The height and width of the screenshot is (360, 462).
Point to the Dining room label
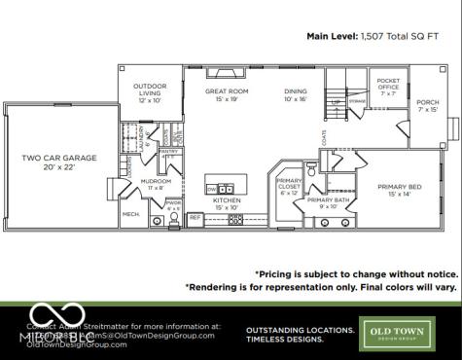point(296,95)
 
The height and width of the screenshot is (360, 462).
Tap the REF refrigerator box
point(195,217)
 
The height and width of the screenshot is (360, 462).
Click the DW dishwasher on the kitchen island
point(213,189)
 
